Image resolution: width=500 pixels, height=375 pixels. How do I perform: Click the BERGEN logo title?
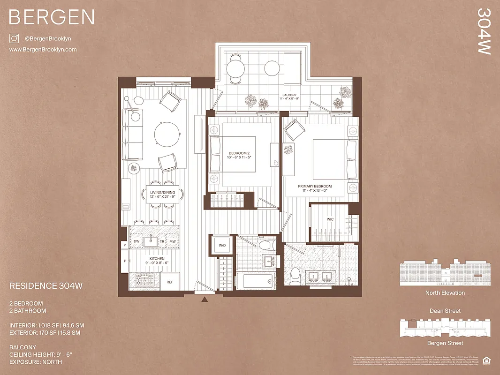52,17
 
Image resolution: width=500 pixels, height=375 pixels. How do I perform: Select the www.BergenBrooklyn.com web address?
43,49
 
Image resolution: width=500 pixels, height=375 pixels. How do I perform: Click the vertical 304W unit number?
484,31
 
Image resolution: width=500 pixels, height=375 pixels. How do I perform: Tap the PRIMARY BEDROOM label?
315,186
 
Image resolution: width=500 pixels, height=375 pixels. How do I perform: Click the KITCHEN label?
157,258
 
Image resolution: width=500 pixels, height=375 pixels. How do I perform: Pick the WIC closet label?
330,219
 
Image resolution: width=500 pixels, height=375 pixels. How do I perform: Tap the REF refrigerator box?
170,282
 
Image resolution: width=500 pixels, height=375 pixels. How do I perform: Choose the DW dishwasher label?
136,241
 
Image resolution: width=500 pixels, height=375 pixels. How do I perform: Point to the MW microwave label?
172,241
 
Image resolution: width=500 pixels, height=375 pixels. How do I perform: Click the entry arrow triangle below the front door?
204,300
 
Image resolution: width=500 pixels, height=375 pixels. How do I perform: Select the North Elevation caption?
445,293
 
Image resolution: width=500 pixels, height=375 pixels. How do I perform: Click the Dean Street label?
445,311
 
